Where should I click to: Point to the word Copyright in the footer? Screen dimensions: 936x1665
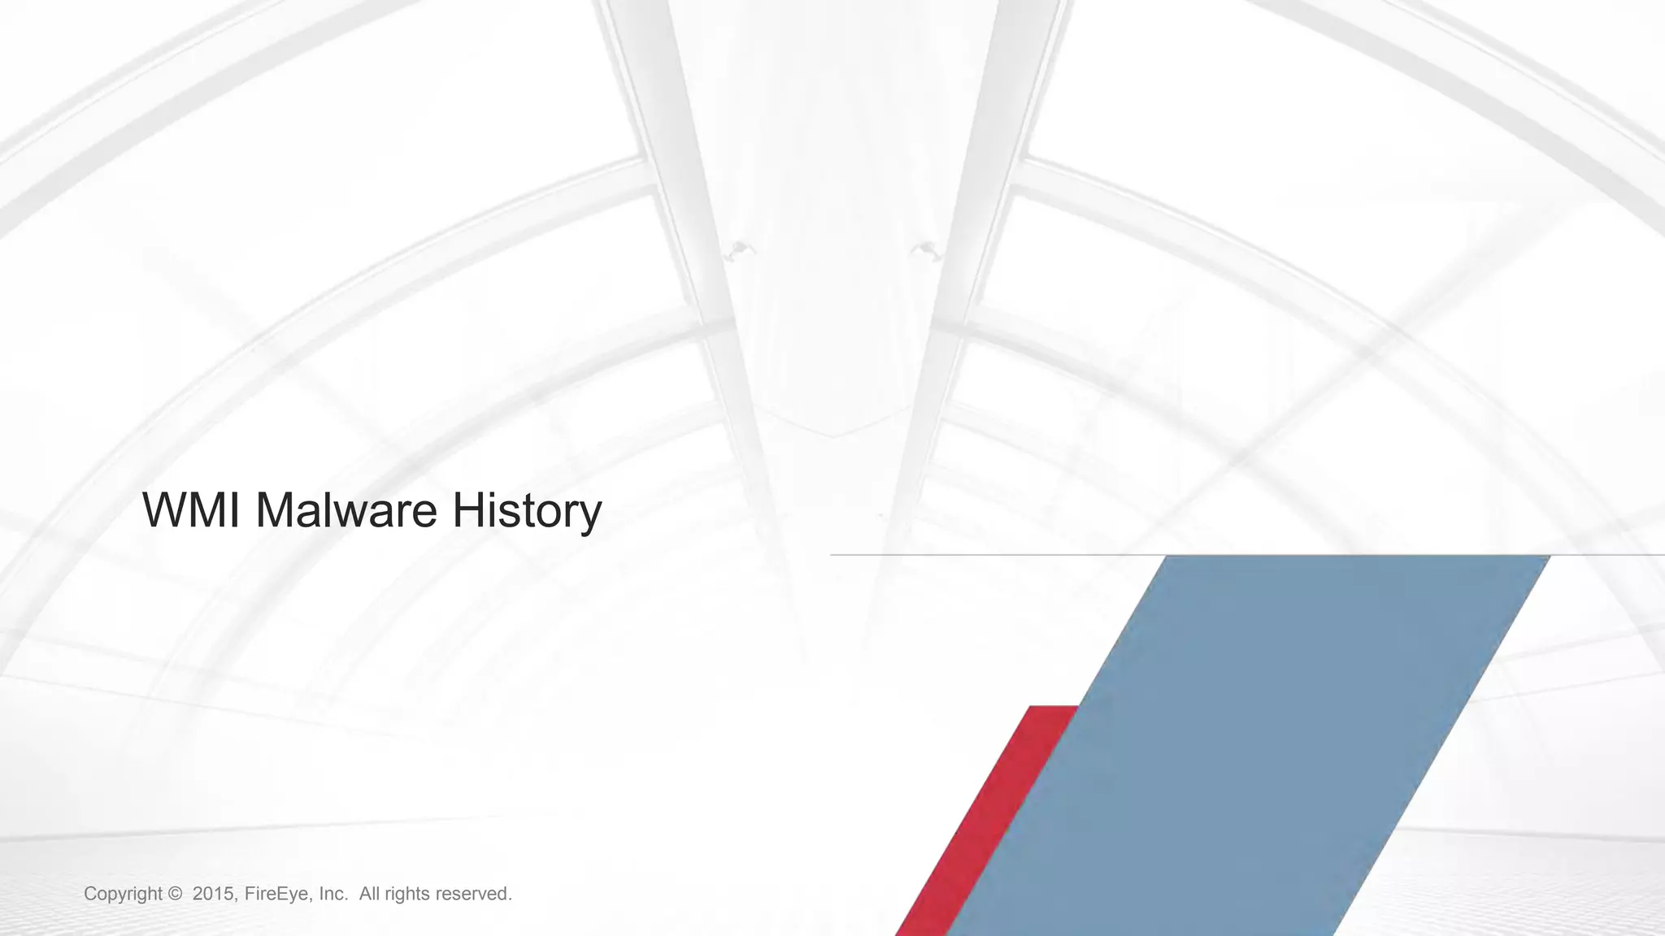tap(124, 894)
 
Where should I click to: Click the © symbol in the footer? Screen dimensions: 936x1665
tap(175, 894)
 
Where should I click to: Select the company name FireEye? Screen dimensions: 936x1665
tap(278, 894)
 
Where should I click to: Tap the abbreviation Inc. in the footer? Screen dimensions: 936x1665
tap(333, 894)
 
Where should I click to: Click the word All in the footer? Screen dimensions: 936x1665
tap(369, 894)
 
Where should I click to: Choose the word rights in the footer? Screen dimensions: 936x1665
tap(406, 894)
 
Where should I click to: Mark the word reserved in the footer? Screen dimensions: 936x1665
tap(474, 894)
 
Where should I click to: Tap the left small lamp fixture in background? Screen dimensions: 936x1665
tap(740, 249)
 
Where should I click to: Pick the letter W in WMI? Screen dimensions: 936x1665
tap(167, 510)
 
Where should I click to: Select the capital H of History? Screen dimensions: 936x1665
tap(467, 510)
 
